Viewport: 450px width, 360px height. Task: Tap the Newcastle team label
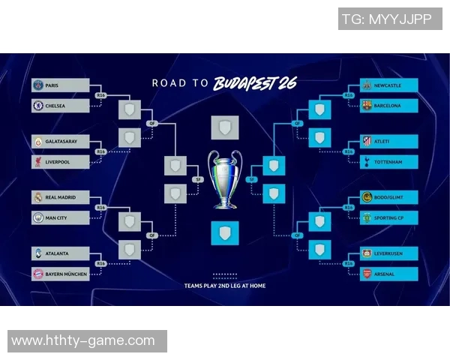point(388,85)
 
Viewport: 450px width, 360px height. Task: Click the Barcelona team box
point(388,106)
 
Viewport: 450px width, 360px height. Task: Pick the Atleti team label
point(388,141)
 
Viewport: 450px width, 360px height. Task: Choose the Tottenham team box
point(388,161)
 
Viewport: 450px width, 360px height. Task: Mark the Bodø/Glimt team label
point(388,197)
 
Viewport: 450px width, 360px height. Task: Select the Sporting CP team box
point(388,217)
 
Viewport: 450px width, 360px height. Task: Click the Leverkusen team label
point(388,253)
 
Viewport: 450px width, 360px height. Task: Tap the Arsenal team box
point(388,274)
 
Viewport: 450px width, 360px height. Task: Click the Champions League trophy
point(225,178)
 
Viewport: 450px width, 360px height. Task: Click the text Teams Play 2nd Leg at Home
point(225,286)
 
